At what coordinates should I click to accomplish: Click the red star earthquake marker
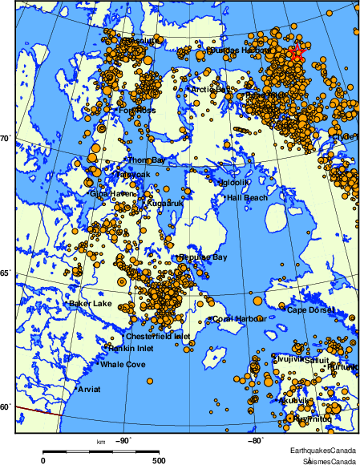[297, 54]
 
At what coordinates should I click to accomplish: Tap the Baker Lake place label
[90, 304]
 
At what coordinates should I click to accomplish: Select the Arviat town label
[89, 390]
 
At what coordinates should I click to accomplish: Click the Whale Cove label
[123, 365]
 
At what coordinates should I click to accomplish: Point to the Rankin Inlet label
[131, 348]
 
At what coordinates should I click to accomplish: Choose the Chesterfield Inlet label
[157, 337]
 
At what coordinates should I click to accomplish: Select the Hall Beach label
[248, 197]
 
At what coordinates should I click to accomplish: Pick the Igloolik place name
[237, 182]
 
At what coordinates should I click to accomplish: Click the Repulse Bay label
[204, 257]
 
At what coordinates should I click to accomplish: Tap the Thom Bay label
[147, 160]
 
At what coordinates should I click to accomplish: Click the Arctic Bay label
[209, 90]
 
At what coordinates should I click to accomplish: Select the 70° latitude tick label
[5, 138]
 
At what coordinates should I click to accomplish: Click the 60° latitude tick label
[5, 407]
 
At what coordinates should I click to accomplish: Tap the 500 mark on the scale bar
[159, 460]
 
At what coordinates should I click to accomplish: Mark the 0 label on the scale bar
[42, 460]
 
